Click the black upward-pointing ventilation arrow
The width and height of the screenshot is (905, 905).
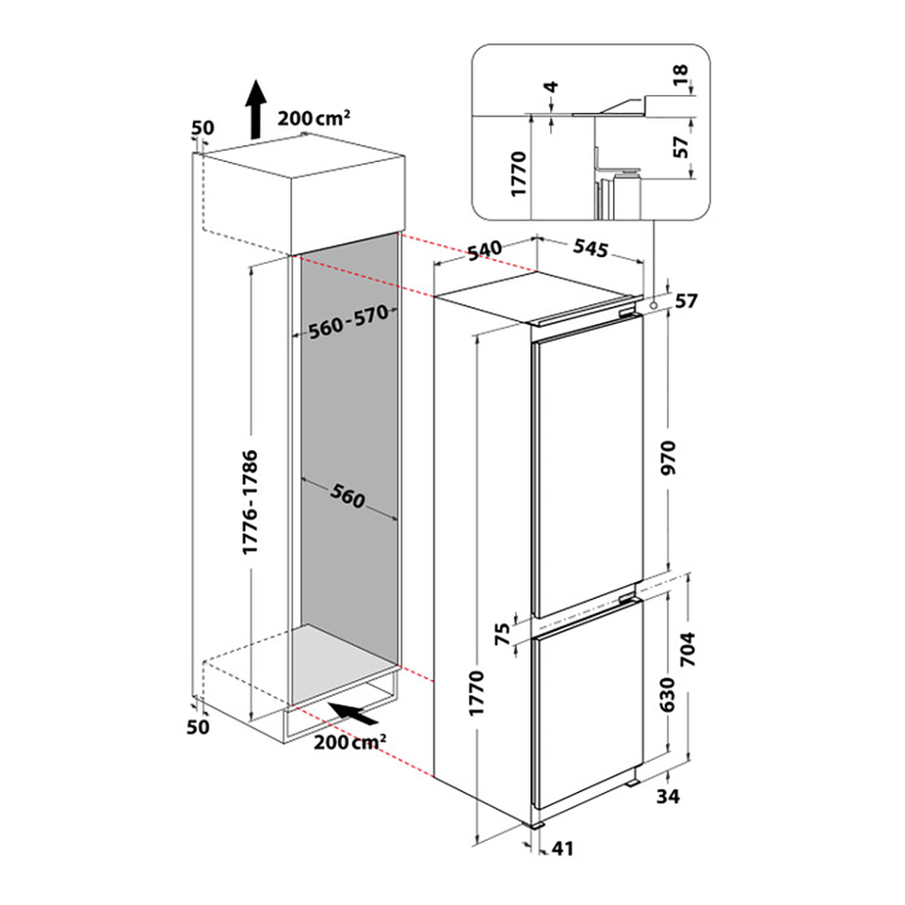point(255,110)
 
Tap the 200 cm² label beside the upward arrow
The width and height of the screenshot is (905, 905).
point(313,118)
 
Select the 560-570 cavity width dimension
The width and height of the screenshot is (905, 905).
point(348,323)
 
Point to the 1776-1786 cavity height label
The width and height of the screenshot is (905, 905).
point(250,502)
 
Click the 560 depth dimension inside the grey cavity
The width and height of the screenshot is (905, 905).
point(348,496)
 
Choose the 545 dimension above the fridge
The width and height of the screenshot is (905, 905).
point(590,248)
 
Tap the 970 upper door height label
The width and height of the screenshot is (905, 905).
point(668,457)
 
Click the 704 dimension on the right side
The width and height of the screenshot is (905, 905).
point(688,649)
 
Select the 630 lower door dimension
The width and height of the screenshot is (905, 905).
point(667,694)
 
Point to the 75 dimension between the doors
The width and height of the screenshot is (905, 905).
point(503,633)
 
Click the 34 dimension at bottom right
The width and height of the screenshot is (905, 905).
point(668,796)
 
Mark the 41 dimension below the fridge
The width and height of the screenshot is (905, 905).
point(563,848)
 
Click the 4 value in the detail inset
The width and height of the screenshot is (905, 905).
point(552,87)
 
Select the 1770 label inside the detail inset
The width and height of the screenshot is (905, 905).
point(519,174)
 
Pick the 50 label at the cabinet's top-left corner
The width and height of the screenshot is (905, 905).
point(203,128)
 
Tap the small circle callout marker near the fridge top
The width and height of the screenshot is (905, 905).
point(653,304)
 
